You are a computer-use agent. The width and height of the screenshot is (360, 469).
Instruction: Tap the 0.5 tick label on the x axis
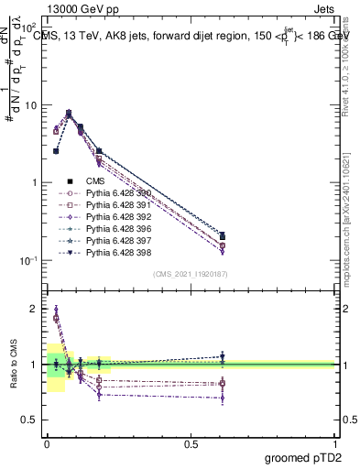191,442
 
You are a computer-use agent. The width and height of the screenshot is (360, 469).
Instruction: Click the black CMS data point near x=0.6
222,236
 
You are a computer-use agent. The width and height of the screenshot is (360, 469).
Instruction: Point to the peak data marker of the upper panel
69,114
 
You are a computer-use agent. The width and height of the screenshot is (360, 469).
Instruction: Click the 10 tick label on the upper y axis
32,105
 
